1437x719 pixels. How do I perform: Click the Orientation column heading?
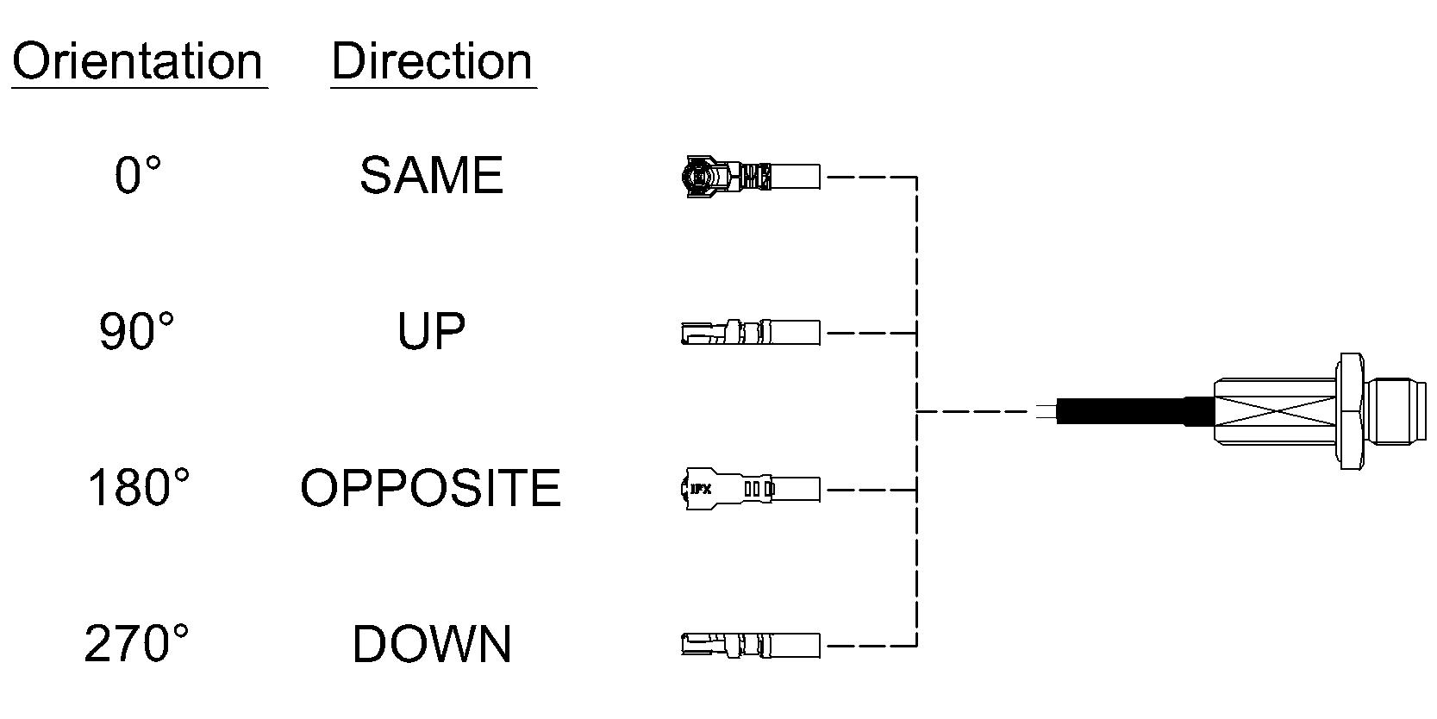tap(137, 61)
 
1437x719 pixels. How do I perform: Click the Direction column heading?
tap(432, 61)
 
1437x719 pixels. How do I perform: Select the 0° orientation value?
tap(137, 174)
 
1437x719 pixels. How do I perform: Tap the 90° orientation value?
tap(137, 331)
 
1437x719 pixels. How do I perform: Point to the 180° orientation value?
tap(138, 487)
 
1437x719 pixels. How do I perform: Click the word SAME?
tap(432, 175)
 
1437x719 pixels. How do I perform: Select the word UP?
tap(431, 331)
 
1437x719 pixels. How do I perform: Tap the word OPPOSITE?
tap(431, 487)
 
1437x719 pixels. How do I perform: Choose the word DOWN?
tap(432, 644)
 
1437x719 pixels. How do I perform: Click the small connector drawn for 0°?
tap(751, 176)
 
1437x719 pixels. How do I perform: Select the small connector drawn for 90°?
tap(751, 332)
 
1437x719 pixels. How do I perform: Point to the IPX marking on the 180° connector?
tap(701, 490)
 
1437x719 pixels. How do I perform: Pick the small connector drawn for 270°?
tap(751, 645)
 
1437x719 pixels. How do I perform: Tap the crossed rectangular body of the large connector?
tap(1275, 411)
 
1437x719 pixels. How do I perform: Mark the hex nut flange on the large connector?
tap(1351, 411)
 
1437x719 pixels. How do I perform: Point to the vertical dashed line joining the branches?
tap(916, 410)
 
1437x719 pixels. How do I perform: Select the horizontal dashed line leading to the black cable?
tap(974, 411)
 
